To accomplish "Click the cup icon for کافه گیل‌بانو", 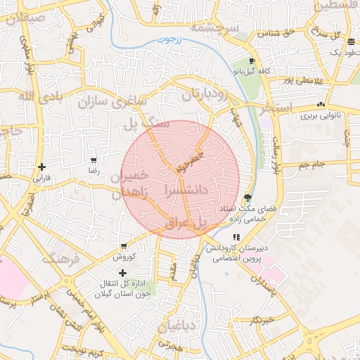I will (x=251, y=61).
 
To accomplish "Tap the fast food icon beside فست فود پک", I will (x=351, y=43).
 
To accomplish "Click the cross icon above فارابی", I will (x=43, y=167).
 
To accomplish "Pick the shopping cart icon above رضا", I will (x=93, y=160).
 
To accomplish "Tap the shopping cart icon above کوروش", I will (x=123, y=247).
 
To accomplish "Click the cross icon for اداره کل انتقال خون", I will (x=123, y=272).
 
